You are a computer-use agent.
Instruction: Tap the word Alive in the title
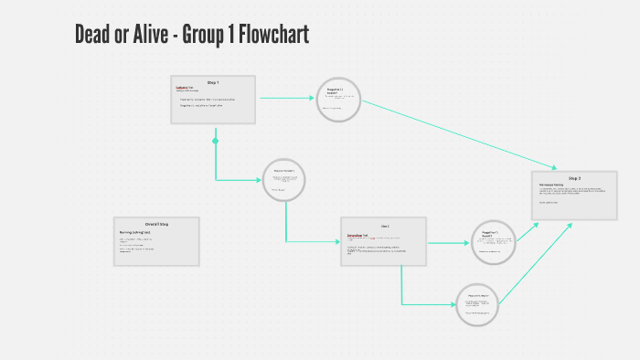147,36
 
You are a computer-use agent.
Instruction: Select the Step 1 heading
213,82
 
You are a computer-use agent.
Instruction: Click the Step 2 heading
384,225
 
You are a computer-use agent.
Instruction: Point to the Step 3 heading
574,178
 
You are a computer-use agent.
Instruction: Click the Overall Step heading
156,224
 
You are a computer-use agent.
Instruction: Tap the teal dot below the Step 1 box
216,141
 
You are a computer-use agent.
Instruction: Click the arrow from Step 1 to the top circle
287,97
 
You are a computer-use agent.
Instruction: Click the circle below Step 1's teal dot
283,181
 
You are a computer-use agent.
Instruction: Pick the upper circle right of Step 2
495,241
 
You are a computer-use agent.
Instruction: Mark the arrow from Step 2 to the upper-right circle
448,243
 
